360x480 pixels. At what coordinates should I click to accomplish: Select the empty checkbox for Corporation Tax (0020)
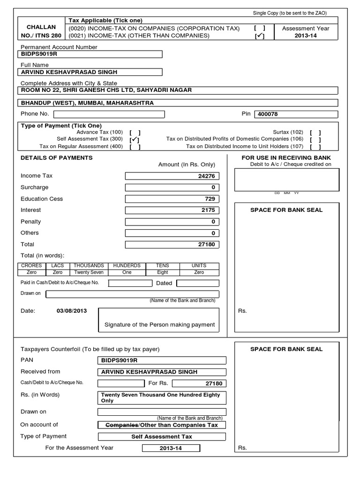259,28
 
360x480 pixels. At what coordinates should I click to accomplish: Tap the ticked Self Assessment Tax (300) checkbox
135,139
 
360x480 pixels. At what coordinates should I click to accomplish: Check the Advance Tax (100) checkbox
135,133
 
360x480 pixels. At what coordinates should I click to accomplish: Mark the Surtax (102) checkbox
315,133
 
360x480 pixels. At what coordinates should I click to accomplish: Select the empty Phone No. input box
110,114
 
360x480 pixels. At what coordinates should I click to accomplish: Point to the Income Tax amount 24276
172,176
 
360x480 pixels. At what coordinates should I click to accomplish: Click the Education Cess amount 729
172,199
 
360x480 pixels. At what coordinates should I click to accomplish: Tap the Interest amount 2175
172,210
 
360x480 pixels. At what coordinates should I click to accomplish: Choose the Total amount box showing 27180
172,244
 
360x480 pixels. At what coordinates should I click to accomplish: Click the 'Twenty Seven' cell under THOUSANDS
89,272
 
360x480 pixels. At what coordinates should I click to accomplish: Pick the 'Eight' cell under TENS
162,272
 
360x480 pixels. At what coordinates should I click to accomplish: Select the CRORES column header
32,265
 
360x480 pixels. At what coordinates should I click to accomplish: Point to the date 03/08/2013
71,310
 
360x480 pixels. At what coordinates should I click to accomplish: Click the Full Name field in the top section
91,72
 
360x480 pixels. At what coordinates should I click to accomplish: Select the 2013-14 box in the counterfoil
171,448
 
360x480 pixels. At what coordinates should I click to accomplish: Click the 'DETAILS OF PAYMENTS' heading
57,158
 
